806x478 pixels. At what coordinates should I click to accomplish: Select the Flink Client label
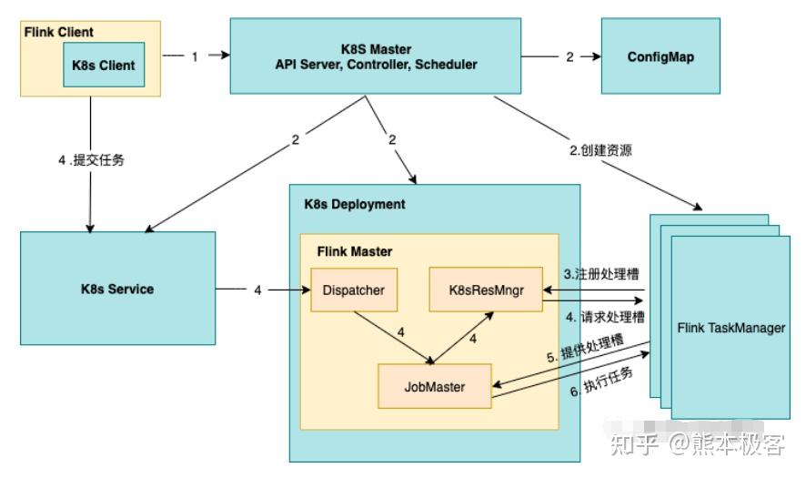point(57,32)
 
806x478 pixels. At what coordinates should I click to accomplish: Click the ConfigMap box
point(661,56)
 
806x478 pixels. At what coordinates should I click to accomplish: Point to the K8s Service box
point(118,289)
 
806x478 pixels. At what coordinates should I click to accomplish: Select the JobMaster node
point(434,386)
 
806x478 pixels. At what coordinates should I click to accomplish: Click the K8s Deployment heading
point(354,204)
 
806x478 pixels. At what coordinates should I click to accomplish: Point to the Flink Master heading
point(354,250)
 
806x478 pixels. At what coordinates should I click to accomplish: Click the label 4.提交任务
point(91,159)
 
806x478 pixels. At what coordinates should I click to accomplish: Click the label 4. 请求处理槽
point(601,318)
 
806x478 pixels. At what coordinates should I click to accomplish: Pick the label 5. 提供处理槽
point(585,351)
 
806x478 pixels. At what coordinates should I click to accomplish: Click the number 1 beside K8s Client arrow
point(194,56)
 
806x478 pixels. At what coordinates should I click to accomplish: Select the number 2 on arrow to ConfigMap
point(569,56)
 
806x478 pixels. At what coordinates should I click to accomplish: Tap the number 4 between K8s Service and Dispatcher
point(257,290)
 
